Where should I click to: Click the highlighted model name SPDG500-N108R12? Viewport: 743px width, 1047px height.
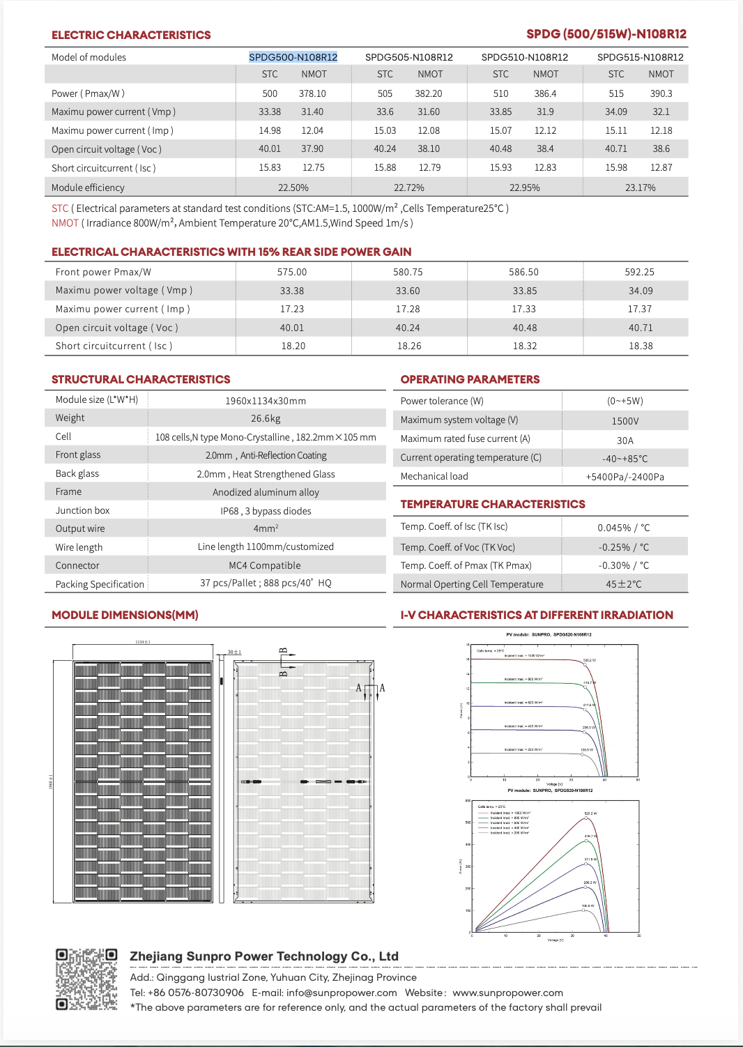pos(293,57)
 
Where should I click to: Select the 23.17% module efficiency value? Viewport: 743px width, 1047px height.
pos(640,188)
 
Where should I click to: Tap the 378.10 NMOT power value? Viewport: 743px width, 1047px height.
pos(312,93)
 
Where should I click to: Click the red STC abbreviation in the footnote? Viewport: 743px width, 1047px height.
pos(60,208)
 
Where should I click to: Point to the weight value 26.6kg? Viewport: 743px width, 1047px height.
pos(266,418)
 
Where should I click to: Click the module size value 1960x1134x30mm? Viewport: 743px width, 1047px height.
pos(266,401)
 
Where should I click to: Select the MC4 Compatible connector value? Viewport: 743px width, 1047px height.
pos(265,565)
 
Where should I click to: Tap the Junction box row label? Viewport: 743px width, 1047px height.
pos(82,510)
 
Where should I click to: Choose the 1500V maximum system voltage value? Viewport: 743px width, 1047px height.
pos(625,421)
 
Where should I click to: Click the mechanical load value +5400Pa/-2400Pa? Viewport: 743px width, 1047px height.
pos(625,477)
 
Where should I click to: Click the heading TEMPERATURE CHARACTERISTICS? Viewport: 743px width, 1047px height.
pos(493,504)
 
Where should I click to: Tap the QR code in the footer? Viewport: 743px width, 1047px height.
pos(86,979)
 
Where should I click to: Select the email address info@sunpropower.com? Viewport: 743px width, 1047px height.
pos(342,993)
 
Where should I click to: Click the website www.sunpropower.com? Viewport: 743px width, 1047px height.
pos(507,993)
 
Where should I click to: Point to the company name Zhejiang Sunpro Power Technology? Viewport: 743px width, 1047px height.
pos(263,956)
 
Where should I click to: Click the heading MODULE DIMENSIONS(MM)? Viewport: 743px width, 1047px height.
pos(125,615)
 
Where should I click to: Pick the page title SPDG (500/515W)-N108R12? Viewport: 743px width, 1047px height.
pos(606,34)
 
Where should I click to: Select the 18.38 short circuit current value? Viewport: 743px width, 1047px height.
pos(640,346)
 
